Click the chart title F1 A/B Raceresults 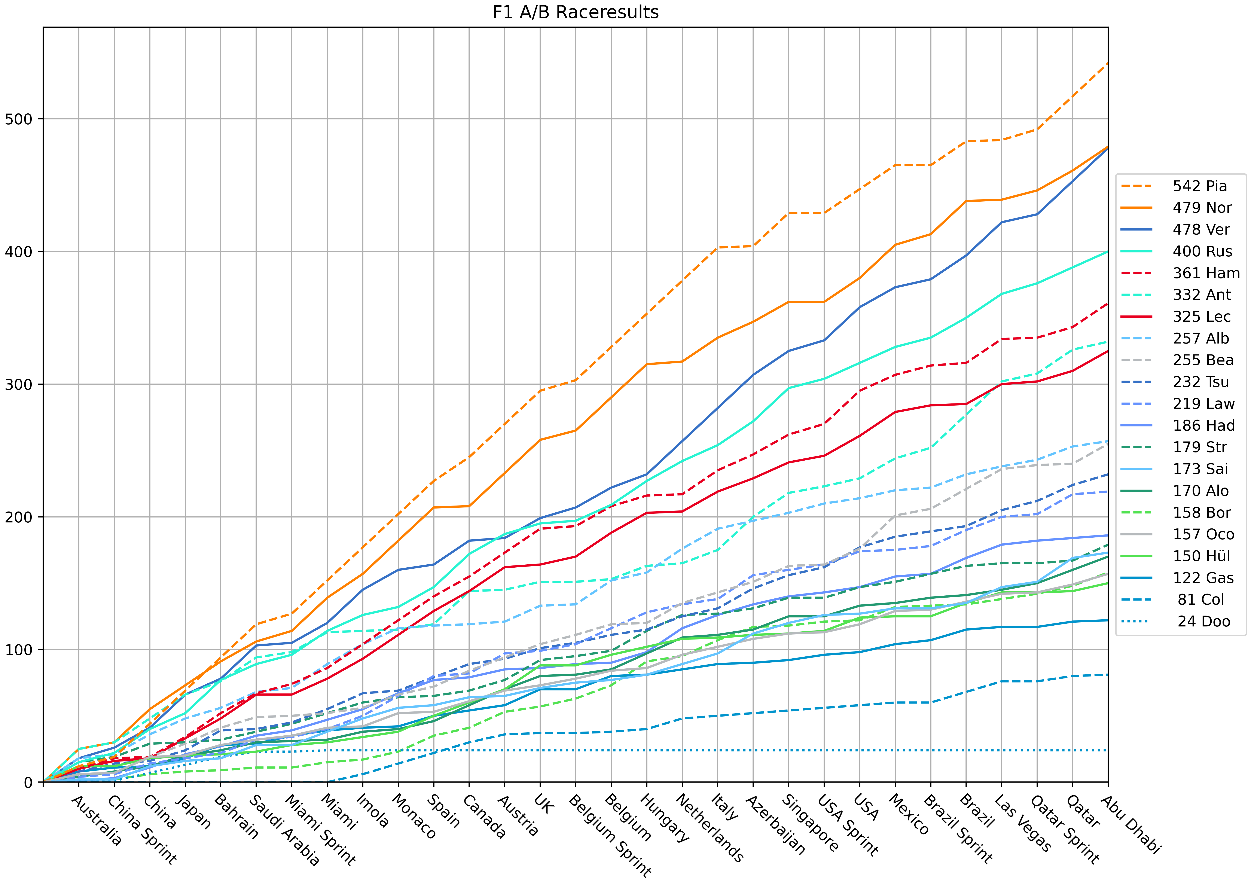point(575,12)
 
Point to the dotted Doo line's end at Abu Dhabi point(1108,750)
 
